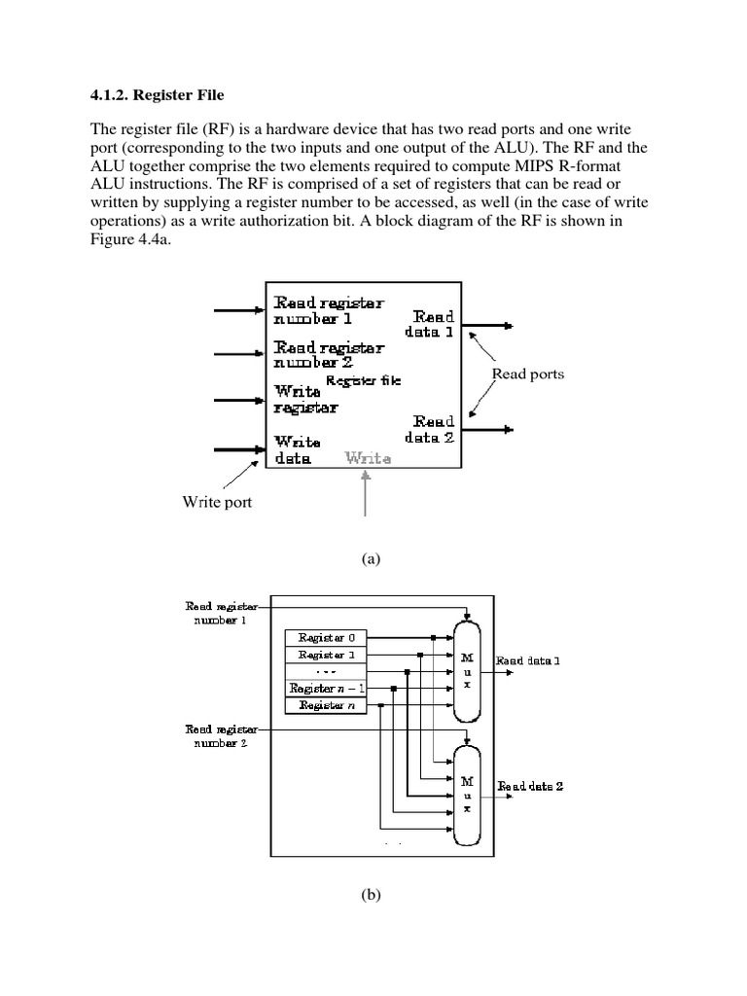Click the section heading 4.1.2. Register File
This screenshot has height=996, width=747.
coord(157,95)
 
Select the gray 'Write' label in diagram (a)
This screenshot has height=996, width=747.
coord(369,457)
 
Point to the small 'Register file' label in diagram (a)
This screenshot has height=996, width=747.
coord(363,381)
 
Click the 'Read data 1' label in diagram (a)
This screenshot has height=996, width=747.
coord(434,324)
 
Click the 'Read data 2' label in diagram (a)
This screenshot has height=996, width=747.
coord(434,430)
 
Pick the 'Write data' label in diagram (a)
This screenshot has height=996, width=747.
coord(292,448)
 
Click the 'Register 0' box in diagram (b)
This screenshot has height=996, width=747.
coord(326,638)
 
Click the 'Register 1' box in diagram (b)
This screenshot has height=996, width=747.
coord(326,655)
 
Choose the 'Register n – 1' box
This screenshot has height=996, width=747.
coord(326,689)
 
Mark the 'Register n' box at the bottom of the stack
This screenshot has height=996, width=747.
coord(326,705)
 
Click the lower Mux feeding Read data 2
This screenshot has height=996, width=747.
coord(468,794)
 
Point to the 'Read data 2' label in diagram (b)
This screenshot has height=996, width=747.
coord(530,786)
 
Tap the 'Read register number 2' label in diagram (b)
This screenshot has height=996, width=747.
coord(222,734)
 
